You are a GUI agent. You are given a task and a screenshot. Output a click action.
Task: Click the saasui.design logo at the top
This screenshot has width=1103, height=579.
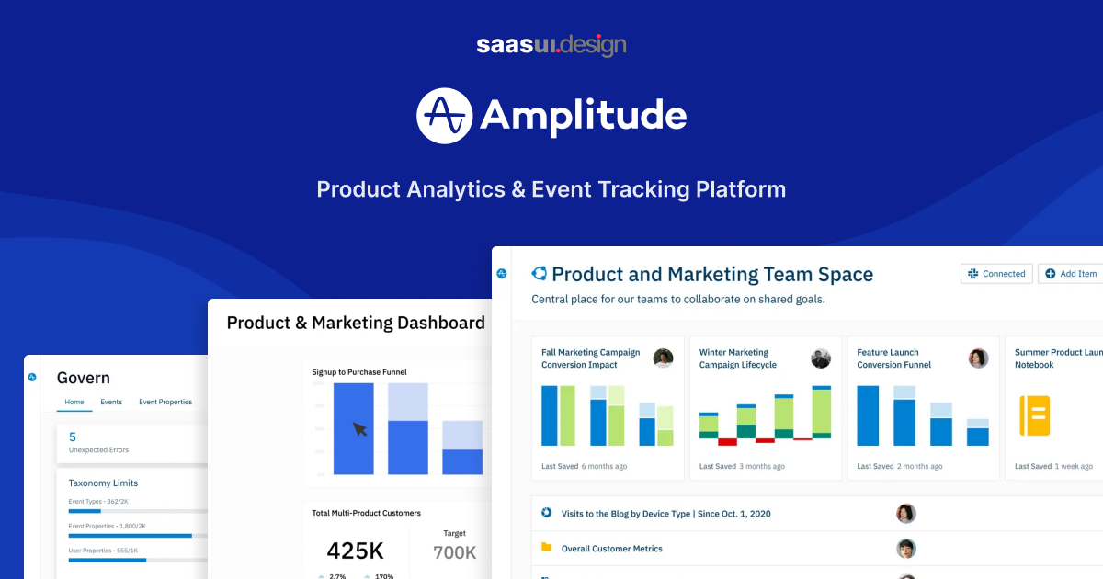(551, 45)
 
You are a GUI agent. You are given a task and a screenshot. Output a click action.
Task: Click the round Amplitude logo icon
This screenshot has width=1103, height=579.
(445, 116)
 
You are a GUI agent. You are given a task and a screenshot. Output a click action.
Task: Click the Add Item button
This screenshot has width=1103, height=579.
(1071, 274)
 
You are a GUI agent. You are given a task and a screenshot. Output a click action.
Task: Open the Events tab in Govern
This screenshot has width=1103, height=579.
(111, 402)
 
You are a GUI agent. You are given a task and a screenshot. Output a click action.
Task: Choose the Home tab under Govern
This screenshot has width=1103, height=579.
(74, 402)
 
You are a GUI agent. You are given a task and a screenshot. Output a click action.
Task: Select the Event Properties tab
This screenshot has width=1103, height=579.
(165, 402)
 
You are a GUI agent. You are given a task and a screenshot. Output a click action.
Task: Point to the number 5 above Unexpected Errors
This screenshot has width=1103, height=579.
(73, 437)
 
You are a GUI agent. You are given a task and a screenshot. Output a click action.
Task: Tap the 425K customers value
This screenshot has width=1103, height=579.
(355, 551)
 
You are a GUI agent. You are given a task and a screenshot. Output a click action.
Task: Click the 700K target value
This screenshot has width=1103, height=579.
(454, 552)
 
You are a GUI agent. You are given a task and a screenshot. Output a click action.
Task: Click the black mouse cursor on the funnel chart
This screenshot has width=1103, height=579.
(360, 429)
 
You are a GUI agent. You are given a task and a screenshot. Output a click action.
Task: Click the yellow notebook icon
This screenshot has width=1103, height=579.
(1035, 414)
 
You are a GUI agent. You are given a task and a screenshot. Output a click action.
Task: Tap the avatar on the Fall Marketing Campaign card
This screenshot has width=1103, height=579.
(663, 358)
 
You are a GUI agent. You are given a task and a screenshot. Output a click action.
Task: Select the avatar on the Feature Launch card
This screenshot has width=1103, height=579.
(978, 358)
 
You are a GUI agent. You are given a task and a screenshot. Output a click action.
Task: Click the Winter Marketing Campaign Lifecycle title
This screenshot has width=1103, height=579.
(737, 358)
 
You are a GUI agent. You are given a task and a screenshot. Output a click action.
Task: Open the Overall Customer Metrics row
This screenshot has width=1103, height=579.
(611, 549)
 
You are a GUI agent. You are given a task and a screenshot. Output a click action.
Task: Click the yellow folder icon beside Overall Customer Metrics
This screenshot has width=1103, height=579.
(546, 548)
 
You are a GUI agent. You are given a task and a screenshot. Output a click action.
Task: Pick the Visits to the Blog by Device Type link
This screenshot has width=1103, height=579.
(665, 514)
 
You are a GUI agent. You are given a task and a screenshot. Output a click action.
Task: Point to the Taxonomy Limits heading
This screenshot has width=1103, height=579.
(103, 482)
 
